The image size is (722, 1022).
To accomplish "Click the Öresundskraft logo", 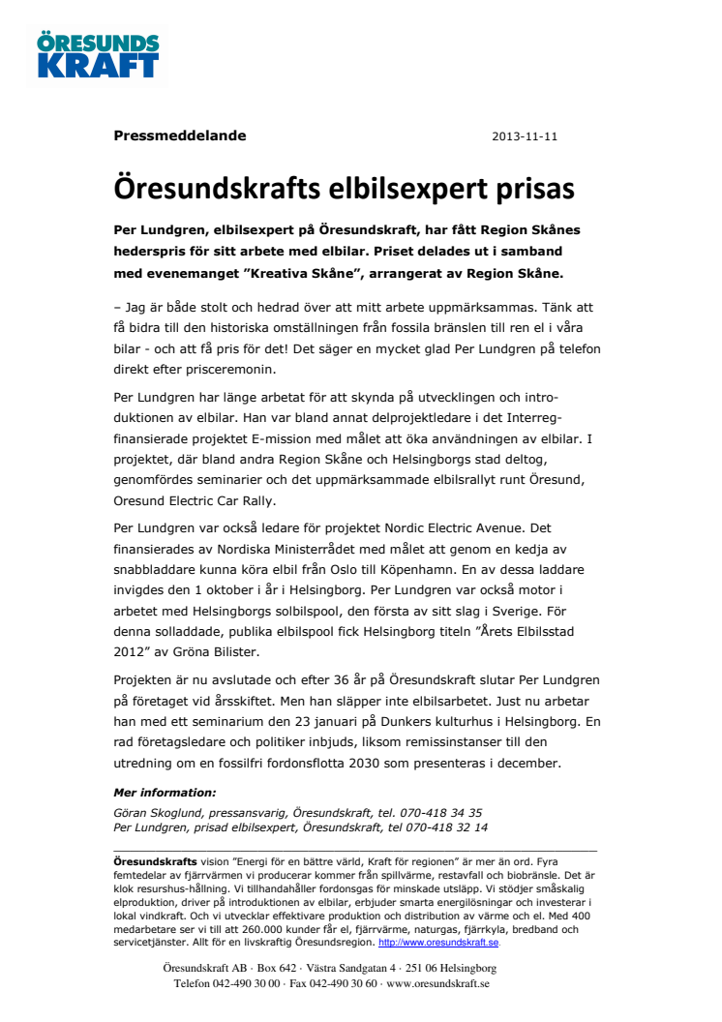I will [98, 56].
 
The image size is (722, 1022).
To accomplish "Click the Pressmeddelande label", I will [179, 135].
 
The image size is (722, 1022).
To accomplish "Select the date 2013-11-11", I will [525, 136].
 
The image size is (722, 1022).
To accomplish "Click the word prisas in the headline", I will [531, 187].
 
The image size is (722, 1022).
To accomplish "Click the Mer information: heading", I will [165, 793].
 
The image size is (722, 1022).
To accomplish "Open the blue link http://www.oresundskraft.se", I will [438, 942].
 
